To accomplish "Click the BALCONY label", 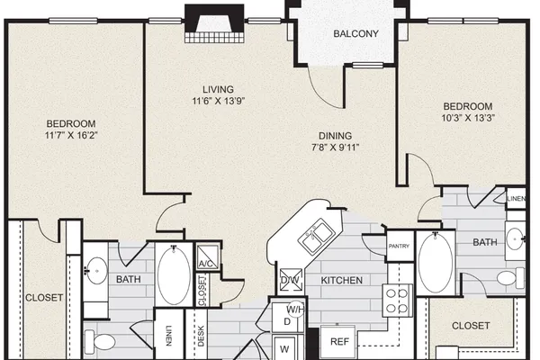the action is coord(355,34).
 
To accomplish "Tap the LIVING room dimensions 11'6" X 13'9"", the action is coord(219,101).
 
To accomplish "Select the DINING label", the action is coord(335,136).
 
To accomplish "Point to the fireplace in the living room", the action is coord(214,23).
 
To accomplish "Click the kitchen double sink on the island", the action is coord(317,237).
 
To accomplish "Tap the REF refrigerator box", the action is coord(339,341).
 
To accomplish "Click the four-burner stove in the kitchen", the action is coord(398,300).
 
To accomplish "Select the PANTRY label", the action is coord(399,246).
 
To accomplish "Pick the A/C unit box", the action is coord(207,257).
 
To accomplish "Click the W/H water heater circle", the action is coord(295,310).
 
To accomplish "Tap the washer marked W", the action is coord(284,348).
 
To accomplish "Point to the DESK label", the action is coord(201,336).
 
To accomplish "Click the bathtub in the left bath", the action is coord(174,274).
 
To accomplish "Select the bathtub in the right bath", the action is coord(436,263).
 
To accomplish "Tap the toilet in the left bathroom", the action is coord(100,341).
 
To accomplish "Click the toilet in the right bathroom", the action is coord(510,278).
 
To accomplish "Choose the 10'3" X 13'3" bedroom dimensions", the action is coord(468,118).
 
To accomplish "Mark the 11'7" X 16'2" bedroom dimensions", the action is coord(71,135).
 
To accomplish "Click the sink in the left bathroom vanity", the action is coord(96,270).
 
